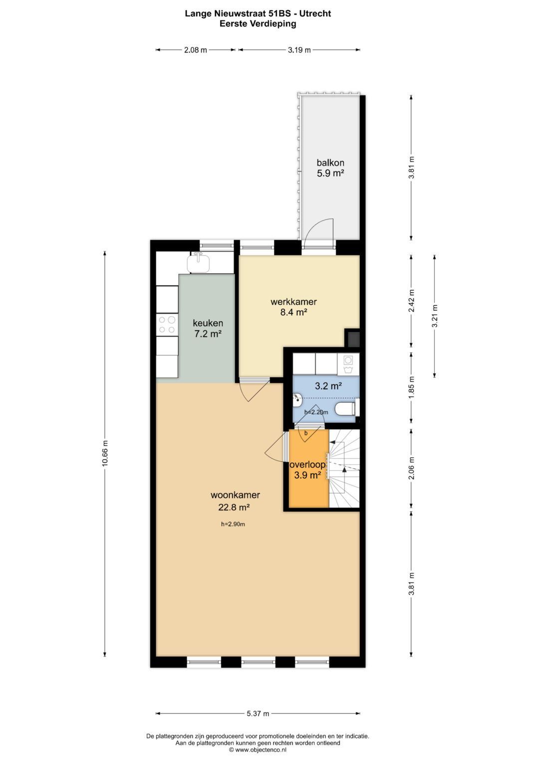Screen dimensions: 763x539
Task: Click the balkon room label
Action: pos(330,163)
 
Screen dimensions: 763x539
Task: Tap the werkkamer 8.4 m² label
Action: pos(293,307)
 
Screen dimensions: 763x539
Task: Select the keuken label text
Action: pos(208,323)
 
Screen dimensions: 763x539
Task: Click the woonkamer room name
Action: pos(235,495)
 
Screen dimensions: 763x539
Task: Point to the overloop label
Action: pos(307,465)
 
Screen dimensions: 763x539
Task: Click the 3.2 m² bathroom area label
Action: pos(328,386)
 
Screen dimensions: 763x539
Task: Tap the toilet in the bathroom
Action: pos(346,409)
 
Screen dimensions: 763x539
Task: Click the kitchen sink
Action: pos(199,263)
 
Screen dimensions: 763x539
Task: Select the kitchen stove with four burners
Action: pos(167,325)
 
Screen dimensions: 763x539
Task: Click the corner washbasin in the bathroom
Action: pos(298,399)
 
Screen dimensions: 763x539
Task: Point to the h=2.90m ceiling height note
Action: pos(233,524)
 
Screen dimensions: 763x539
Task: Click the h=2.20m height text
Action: pos(316,412)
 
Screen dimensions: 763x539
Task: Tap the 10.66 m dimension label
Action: pos(105,454)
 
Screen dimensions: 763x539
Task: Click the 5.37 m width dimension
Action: pos(258,714)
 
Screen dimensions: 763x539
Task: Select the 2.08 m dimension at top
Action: pos(195,50)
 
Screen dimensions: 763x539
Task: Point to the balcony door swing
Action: pos(319,231)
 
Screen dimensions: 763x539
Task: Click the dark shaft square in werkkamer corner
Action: pos(353,339)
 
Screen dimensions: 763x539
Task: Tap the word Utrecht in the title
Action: pos(315,13)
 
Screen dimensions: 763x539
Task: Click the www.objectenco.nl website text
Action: pos(260,750)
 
